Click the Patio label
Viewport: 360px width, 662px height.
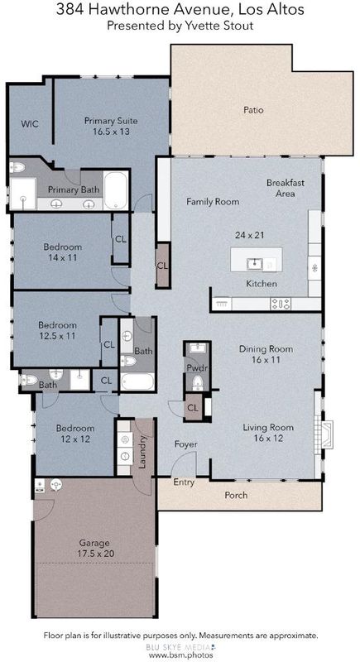tap(253, 110)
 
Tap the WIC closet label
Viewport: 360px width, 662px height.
tap(30, 123)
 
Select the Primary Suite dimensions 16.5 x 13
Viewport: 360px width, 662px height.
tap(111, 132)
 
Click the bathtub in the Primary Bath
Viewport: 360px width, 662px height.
tap(116, 190)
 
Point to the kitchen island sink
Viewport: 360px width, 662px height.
tap(255, 264)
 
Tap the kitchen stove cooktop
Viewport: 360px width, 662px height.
tap(281, 303)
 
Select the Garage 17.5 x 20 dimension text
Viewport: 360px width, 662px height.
tap(97, 553)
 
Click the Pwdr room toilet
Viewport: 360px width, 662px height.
tap(197, 383)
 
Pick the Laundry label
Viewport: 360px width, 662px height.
tap(142, 452)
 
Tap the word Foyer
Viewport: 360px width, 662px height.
tap(186, 444)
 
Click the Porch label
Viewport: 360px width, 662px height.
tap(236, 495)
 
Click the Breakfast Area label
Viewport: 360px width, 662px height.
tap(286, 189)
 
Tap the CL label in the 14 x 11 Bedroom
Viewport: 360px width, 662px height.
tap(121, 239)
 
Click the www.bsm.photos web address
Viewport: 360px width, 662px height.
tap(180, 655)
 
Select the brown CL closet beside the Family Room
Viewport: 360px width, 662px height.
tap(163, 266)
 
